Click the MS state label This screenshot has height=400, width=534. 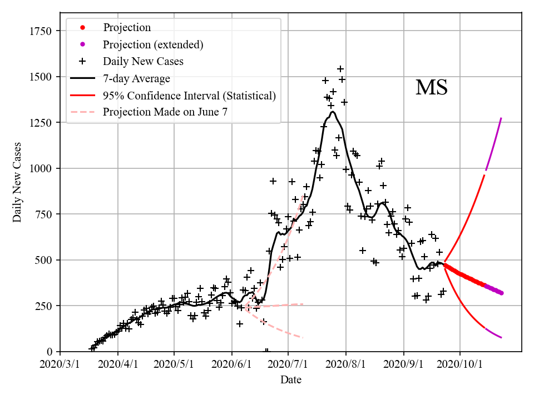click(x=432, y=88)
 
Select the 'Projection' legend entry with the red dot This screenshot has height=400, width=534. click(x=126, y=28)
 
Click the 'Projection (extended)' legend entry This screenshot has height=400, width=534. click(x=152, y=44)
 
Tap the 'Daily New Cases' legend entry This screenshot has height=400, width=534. click(x=142, y=61)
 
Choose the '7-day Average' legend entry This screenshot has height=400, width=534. click(x=136, y=78)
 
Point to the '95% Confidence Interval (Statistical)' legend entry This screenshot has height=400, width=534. click(x=189, y=96)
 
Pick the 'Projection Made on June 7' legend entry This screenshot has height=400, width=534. click(x=165, y=112)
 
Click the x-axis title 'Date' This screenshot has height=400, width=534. click(x=291, y=380)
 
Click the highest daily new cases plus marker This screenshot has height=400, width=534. click(x=340, y=69)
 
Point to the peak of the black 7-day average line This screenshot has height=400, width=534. click(x=333, y=112)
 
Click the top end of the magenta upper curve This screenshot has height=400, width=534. click(x=501, y=118)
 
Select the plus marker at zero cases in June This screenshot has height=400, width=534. click(x=266, y=351)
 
